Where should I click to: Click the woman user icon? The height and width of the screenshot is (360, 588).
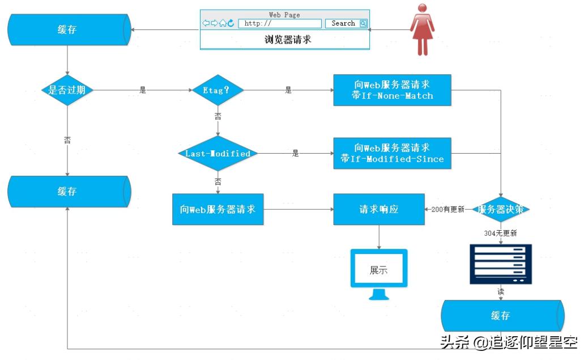click(421, 30)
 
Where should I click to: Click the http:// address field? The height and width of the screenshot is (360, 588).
click(280, 23)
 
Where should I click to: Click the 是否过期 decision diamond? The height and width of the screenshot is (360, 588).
click(67, 90)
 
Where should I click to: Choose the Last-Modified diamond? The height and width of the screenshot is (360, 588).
click(218, 154)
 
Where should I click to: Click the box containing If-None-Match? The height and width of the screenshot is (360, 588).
click(392, 90)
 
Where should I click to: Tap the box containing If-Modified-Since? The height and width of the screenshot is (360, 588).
click(392, 153)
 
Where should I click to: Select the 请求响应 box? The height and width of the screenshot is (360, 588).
click(379, 209)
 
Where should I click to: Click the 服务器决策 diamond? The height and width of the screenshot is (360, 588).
click(500, 209)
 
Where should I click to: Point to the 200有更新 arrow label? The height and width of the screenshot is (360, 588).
click(448, 209)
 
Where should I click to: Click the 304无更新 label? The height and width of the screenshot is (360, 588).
click(500, 233)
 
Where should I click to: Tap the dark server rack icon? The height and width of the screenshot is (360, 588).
click(501, 264)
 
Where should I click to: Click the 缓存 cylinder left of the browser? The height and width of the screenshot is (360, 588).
click(68, 29)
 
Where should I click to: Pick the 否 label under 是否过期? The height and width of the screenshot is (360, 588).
click(67, 139)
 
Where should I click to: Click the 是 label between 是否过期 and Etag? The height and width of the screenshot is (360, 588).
click(143, 90)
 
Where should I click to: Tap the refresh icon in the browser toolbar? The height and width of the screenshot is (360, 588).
click(231, 23)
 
